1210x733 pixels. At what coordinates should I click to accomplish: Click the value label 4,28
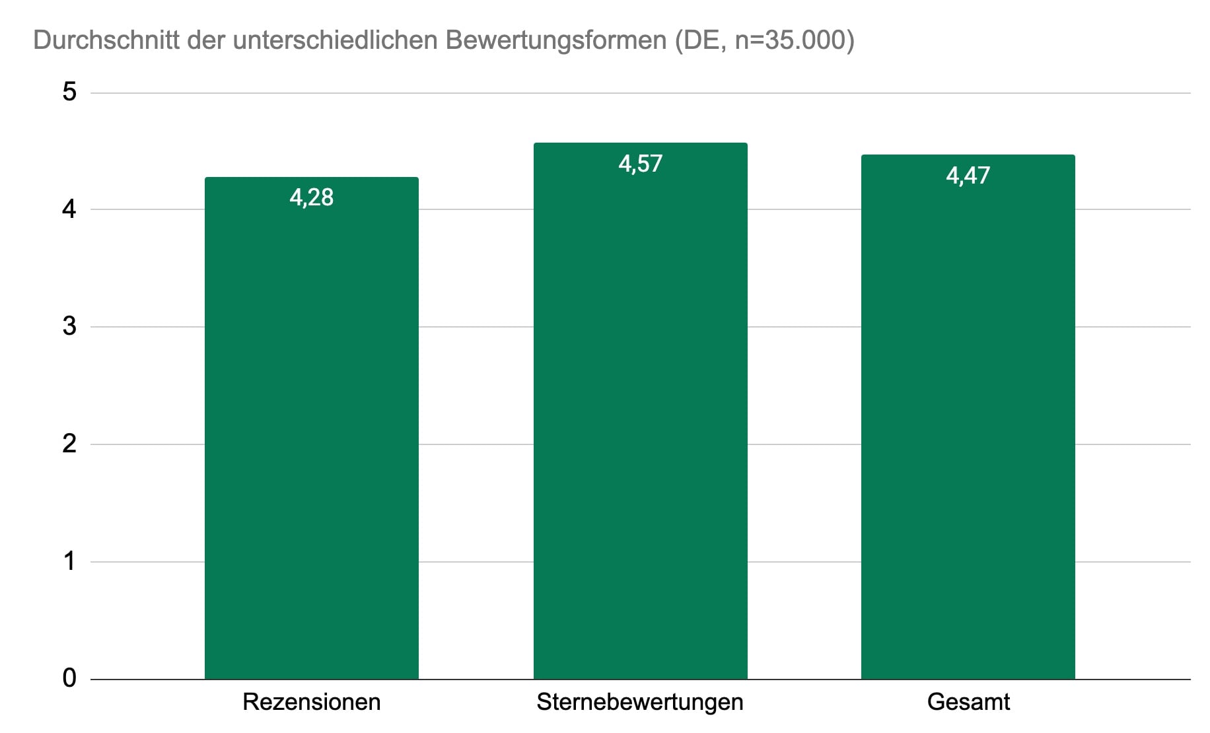point(311,197)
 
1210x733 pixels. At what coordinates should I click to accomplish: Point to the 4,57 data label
point(640,164)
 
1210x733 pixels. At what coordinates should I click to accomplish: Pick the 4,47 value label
point(968,176)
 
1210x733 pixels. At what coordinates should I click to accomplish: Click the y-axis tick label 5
point(69,92)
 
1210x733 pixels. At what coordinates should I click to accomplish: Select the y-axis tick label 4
point(69,209)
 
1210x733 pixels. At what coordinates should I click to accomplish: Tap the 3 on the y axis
point(69,326)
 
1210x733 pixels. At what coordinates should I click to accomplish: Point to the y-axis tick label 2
point(69,444)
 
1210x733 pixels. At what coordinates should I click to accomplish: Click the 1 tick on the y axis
point(69,561)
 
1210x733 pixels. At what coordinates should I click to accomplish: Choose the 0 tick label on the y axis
point(69,678)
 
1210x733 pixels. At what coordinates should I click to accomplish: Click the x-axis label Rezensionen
point(311,702)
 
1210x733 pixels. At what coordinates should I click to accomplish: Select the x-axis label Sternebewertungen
point(640,702)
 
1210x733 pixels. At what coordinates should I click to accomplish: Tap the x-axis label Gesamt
point(968,702)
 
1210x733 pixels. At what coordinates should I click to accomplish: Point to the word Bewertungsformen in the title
point(555,40)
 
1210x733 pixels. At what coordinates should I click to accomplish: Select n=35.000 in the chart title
point(794,40)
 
